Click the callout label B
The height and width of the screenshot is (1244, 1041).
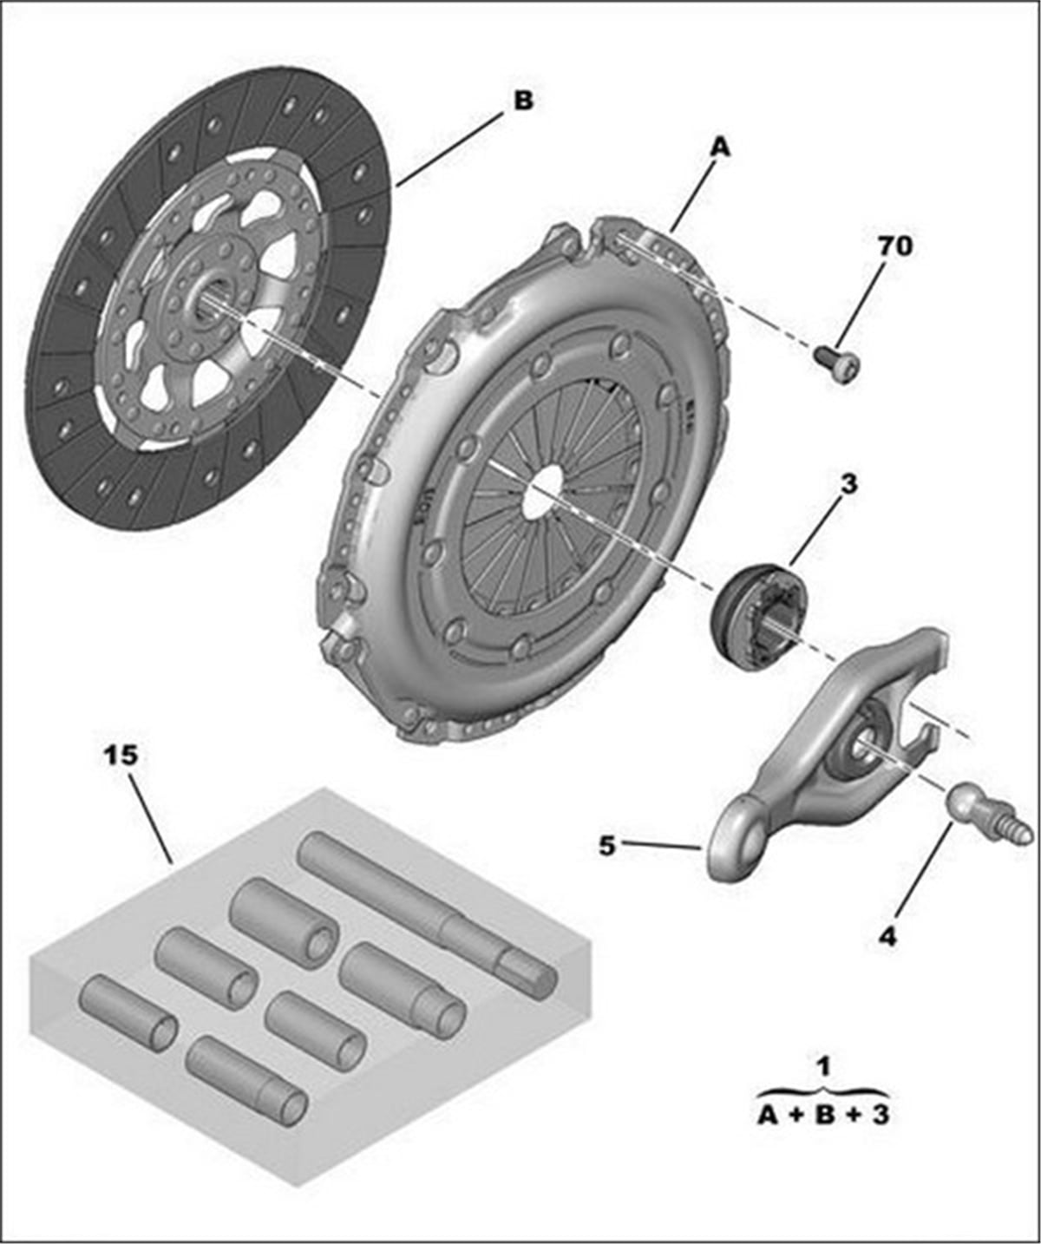523,101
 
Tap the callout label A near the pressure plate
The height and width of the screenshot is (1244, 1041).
720,148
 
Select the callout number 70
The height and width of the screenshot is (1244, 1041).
895,247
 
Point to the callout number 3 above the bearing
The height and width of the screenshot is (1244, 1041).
848,484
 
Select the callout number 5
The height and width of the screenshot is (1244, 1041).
607,844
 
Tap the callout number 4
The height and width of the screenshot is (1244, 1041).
887,936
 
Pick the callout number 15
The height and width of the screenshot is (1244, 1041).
121,755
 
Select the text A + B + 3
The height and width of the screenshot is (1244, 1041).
822,1114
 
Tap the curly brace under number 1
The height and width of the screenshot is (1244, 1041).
822,1090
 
